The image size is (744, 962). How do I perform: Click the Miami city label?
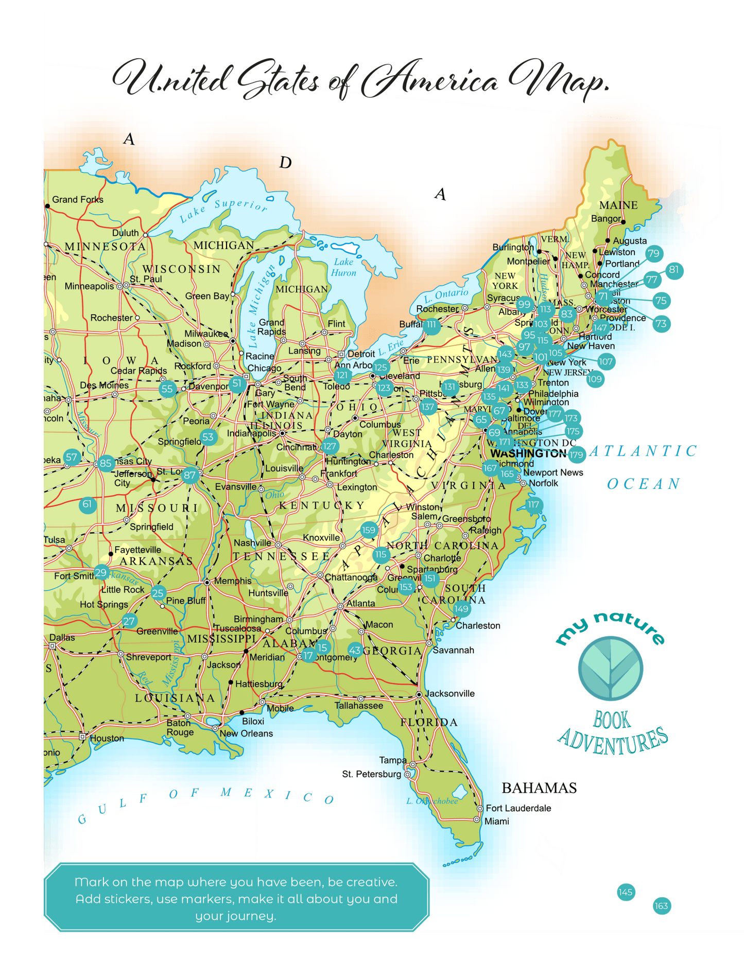coord(496,821)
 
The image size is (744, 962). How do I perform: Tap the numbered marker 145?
coord(626,892)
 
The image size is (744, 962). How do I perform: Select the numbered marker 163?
coord(662,906)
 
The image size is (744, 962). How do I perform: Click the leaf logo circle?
coord(611,668)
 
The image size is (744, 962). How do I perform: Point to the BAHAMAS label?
coord(539,788)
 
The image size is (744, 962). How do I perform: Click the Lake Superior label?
coord(223,211)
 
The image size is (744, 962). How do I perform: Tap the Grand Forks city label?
coord(77,200)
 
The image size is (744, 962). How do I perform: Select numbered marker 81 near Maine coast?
coord(674,270)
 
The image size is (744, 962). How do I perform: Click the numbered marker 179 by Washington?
coord(576,454)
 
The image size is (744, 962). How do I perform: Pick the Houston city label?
coord(107,738)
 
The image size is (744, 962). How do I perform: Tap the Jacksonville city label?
coord(449,694)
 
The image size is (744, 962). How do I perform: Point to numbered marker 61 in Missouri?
coord(87,504)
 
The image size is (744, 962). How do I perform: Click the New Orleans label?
coord(246,733)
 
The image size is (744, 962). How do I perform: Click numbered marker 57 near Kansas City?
coord(72,457)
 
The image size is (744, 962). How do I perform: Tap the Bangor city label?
coord(605,219)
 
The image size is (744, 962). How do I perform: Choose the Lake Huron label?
coord(343,267)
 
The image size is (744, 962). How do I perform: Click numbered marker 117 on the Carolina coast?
coord(533,504)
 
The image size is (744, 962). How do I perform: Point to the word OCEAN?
coord(644,484)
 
